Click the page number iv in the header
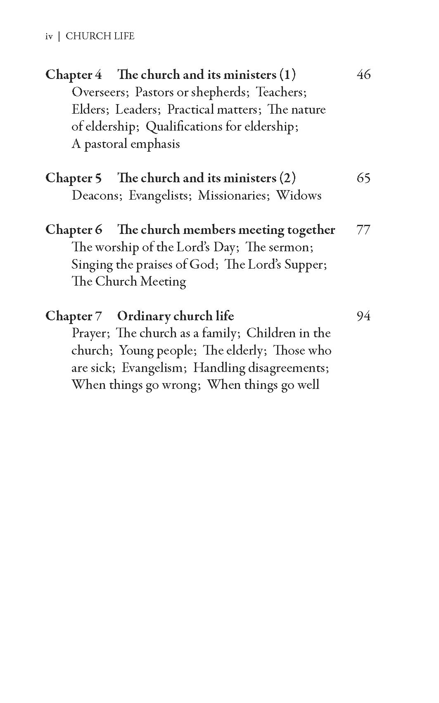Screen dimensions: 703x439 [x=49, y=36]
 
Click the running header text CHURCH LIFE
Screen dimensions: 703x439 [x=100, y=36]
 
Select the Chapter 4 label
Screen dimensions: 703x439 [x=74, y=75]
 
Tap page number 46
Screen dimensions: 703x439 [x=363, y=75]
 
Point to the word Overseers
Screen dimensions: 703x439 [x=97, y=92]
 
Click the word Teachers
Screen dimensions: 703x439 [x=281, y=92]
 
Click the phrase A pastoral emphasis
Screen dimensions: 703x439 [x=126, y=144]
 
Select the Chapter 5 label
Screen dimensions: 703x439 [x=74, y=178]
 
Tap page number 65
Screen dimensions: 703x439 [x=363, y=178]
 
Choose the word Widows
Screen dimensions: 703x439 [x=299, y=195]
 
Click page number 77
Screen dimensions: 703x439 [x=363, y=230]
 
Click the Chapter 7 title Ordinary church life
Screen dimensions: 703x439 [x=176, y=316]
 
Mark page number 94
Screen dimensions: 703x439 [x=363, y=316]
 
